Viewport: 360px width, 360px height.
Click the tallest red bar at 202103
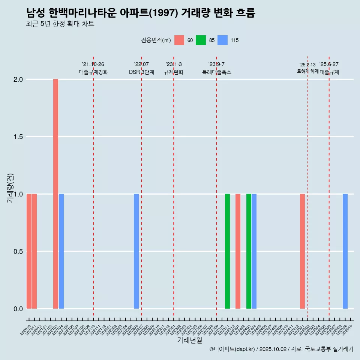pos(55,194)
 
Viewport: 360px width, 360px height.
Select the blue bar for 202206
pos(136,251)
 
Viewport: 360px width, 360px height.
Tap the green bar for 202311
pos(227,251)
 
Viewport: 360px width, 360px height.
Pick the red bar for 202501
pos(302,251)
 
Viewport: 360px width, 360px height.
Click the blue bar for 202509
pos(345,251)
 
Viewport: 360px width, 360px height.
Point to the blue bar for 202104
pos(61,251)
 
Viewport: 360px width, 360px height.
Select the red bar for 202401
pos(238,251)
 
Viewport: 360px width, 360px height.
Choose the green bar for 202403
pos(249,251)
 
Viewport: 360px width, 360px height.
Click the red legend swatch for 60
pos(179,40)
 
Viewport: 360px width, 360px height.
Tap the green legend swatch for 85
pos(201,40)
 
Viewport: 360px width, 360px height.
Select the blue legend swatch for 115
pos(222,40)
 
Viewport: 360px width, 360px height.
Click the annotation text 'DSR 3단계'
pos(141,72)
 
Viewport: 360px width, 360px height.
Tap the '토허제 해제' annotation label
pos(307,71)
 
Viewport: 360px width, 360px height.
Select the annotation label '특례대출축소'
pos(216,72)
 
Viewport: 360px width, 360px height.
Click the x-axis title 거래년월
pos(189,340)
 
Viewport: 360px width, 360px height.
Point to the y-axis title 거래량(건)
pos(10,188)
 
